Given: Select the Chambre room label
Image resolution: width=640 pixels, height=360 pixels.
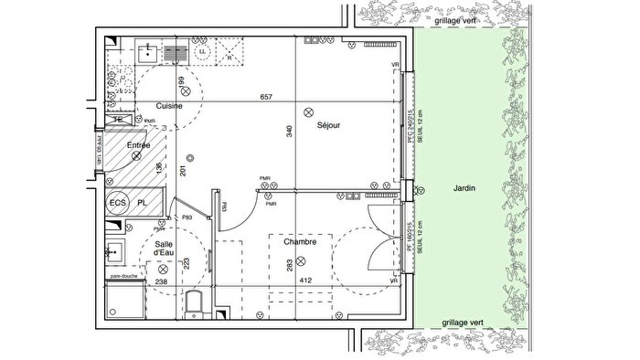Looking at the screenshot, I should pyautogui.click(x=299, y=242).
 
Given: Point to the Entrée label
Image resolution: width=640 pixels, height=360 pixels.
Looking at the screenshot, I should pyautogui.click(x=139, y=145).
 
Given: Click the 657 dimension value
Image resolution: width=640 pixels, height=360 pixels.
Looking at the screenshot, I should pyautogui.click(x=267, y=96).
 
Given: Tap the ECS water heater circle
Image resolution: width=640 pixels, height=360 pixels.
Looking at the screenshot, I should pyautogui.click(x=117, y=203).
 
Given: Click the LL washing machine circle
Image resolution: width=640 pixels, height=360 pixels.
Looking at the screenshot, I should pyautogui.click(x=203, y=53).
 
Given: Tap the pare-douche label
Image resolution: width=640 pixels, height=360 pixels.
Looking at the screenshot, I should pyautogui.click(x=123, y=275).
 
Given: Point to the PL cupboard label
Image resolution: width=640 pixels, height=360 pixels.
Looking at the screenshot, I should pyautogui.click(x=143, y=203).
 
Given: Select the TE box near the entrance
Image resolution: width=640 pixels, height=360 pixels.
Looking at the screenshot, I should pyautogui.click(x=117, y=121).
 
